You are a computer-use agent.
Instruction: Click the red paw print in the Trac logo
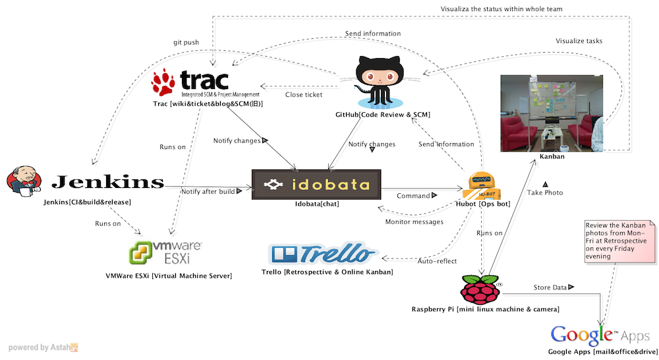coord(163,82)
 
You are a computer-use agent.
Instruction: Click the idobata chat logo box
coord(316,185)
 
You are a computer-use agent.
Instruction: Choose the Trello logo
coord(323,254)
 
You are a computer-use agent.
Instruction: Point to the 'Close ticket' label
coord(304,95)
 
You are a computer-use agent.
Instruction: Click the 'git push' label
coord(186,42)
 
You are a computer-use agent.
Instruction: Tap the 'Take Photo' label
coord(545,192)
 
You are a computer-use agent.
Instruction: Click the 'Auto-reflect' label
coord(437,261)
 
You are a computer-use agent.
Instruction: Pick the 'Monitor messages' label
coord(414,222)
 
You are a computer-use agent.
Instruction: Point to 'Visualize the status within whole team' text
coord(501,9)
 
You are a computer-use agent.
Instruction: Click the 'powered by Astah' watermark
coord(43,347)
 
